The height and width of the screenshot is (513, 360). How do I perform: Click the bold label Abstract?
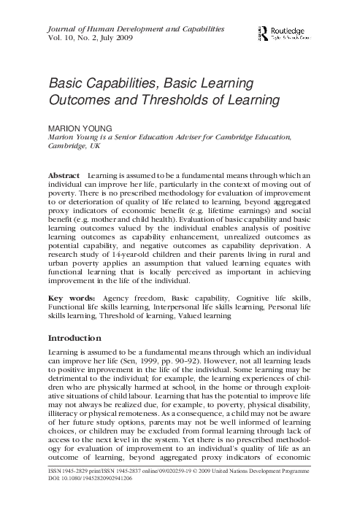click(x=64, y=177)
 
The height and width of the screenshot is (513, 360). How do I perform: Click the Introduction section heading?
click(x=78, y=339)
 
